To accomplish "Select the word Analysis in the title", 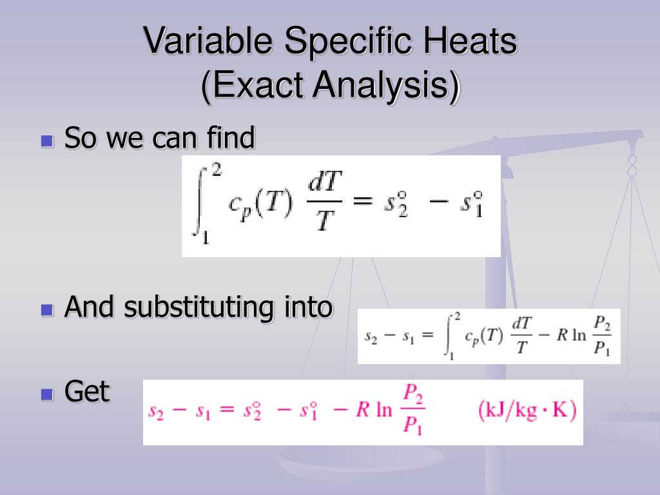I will pyautogui.click(x=374, y=86).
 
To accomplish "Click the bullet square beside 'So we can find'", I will pyautogui.click(x=47, y=141).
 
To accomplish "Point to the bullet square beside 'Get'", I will pyautogui.click(x=47, y=394).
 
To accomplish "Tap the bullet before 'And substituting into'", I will pyautogui.click(x=47, y=309).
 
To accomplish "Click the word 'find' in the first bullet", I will pyautogui.click(x=230, y=138).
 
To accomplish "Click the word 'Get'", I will pyautogui.click(x=87, y=392).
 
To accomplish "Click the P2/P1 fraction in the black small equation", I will pyautogui.click(x=601, y=336).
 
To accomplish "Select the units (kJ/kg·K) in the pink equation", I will pyautogui.click(x=527, y=411).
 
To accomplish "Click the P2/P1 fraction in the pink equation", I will pyautogui.click(x=412, y=411).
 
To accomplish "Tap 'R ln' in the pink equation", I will pyautogui.click(x=374, y=411).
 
